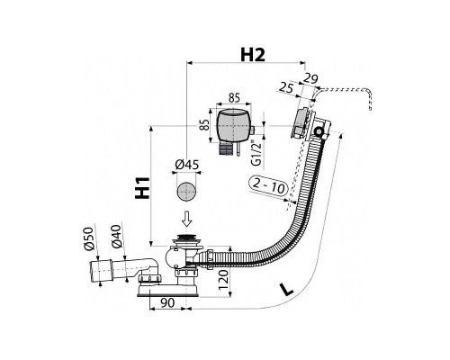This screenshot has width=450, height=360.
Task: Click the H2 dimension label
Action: (253, 55)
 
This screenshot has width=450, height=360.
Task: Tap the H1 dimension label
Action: (142, 188)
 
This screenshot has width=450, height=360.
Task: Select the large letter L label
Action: (286, 289)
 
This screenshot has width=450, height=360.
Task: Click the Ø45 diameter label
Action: (186, 165)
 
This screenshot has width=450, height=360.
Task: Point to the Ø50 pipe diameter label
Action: (89, 238)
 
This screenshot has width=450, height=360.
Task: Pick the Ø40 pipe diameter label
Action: (116, 237)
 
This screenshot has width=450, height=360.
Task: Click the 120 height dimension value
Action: (223, 279)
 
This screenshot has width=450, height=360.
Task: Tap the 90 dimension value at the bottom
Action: (167, 303)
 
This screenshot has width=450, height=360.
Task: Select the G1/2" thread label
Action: (256, 153)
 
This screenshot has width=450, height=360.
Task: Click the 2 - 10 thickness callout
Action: (268, 186)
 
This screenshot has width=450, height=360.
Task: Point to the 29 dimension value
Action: (310, 78)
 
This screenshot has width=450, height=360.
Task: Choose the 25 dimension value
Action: (286, 88)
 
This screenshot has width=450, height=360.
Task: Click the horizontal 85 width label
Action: (234, 98)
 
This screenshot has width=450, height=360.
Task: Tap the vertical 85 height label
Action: (204, 125)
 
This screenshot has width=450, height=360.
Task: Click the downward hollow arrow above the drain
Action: (187, 219)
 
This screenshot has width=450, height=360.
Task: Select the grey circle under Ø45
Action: (186, 192)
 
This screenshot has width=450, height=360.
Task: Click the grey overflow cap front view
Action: (232, 125)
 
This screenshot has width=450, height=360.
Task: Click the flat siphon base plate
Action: (167, 291)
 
